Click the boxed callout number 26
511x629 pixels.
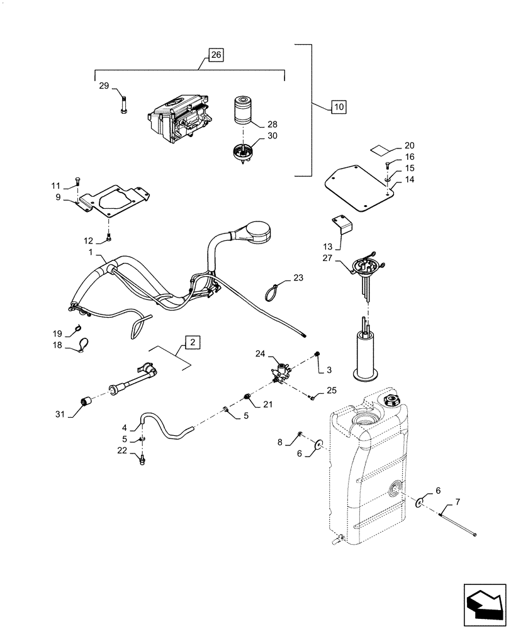click(215, 55)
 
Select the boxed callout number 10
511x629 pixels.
click(339, 108)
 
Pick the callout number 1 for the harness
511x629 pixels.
click(91, 252)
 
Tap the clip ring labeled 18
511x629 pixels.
click(83, 343)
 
